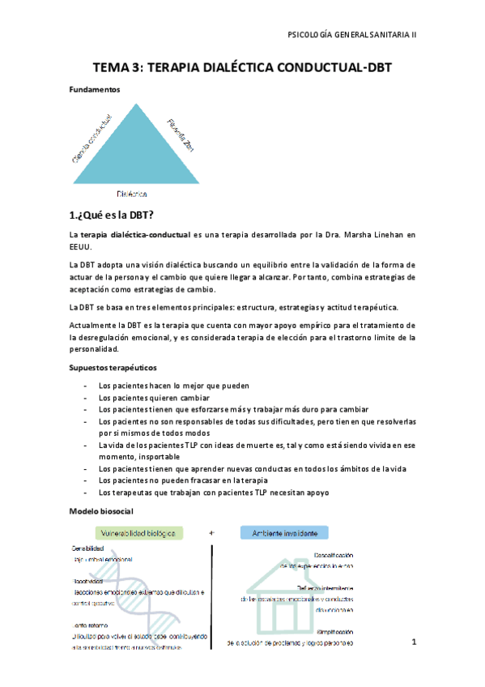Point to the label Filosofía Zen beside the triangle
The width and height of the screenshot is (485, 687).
[180, 133]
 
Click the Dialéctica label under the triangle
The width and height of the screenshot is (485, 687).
[132, 194]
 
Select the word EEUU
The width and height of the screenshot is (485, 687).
[80, 246]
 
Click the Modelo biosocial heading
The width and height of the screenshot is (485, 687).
[101, 512]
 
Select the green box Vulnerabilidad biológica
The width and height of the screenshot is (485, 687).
[138, 533]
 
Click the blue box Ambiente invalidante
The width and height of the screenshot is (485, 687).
[284, 533]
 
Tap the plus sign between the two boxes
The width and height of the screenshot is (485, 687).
[212, 533]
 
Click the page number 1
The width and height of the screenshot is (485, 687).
[413, 642]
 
